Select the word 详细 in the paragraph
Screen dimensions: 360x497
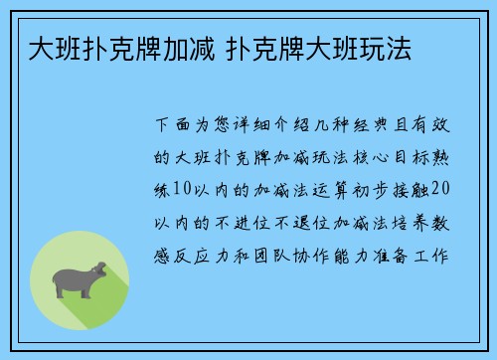point(248,127)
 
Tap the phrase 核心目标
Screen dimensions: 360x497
point(387,158)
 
